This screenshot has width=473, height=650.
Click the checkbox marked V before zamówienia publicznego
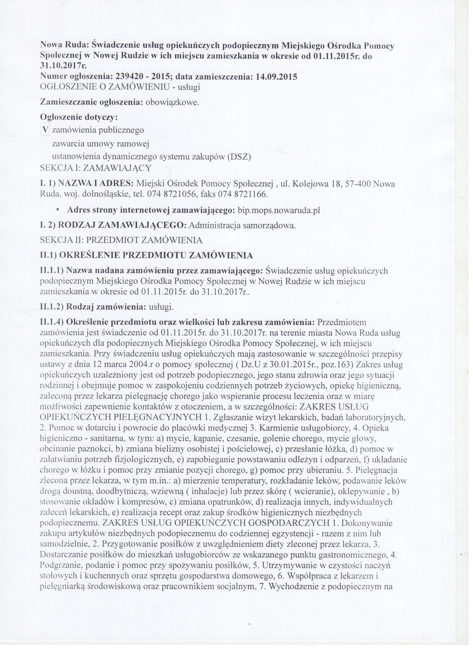point(45,130)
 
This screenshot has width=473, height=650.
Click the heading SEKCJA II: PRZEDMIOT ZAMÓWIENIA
point(122,240)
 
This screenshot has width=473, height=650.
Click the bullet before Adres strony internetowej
point(58,210)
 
